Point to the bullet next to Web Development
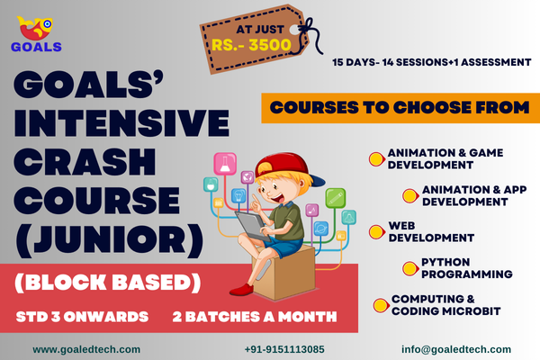click(x=375, y=231)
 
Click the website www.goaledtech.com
click(x=86, y=349)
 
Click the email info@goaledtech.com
click(x=456, y=349)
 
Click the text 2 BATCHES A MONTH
click(x=255, y=317)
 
